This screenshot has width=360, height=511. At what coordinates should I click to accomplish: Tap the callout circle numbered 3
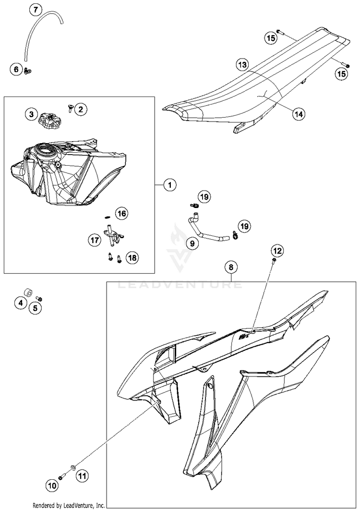[31, 114]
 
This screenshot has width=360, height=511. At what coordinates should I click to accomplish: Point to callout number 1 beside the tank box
[169, 184]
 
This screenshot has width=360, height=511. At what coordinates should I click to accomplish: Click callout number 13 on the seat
[242, 64]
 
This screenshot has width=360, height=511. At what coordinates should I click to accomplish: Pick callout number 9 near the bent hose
[192, 243]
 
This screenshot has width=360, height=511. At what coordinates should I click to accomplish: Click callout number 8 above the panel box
[231, 267]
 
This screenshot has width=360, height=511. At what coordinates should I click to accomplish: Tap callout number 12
[277, 250]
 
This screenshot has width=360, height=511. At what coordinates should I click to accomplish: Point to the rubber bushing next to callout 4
[29, 293]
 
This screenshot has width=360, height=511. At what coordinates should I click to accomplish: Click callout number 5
[35, 308]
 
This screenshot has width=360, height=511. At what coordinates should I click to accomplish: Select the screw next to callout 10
[61, 476]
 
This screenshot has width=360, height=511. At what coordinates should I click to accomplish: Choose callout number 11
[82, 476]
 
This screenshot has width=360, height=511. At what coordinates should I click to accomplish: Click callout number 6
[16, 70]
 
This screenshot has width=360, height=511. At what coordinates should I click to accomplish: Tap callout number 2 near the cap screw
[80, 109]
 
